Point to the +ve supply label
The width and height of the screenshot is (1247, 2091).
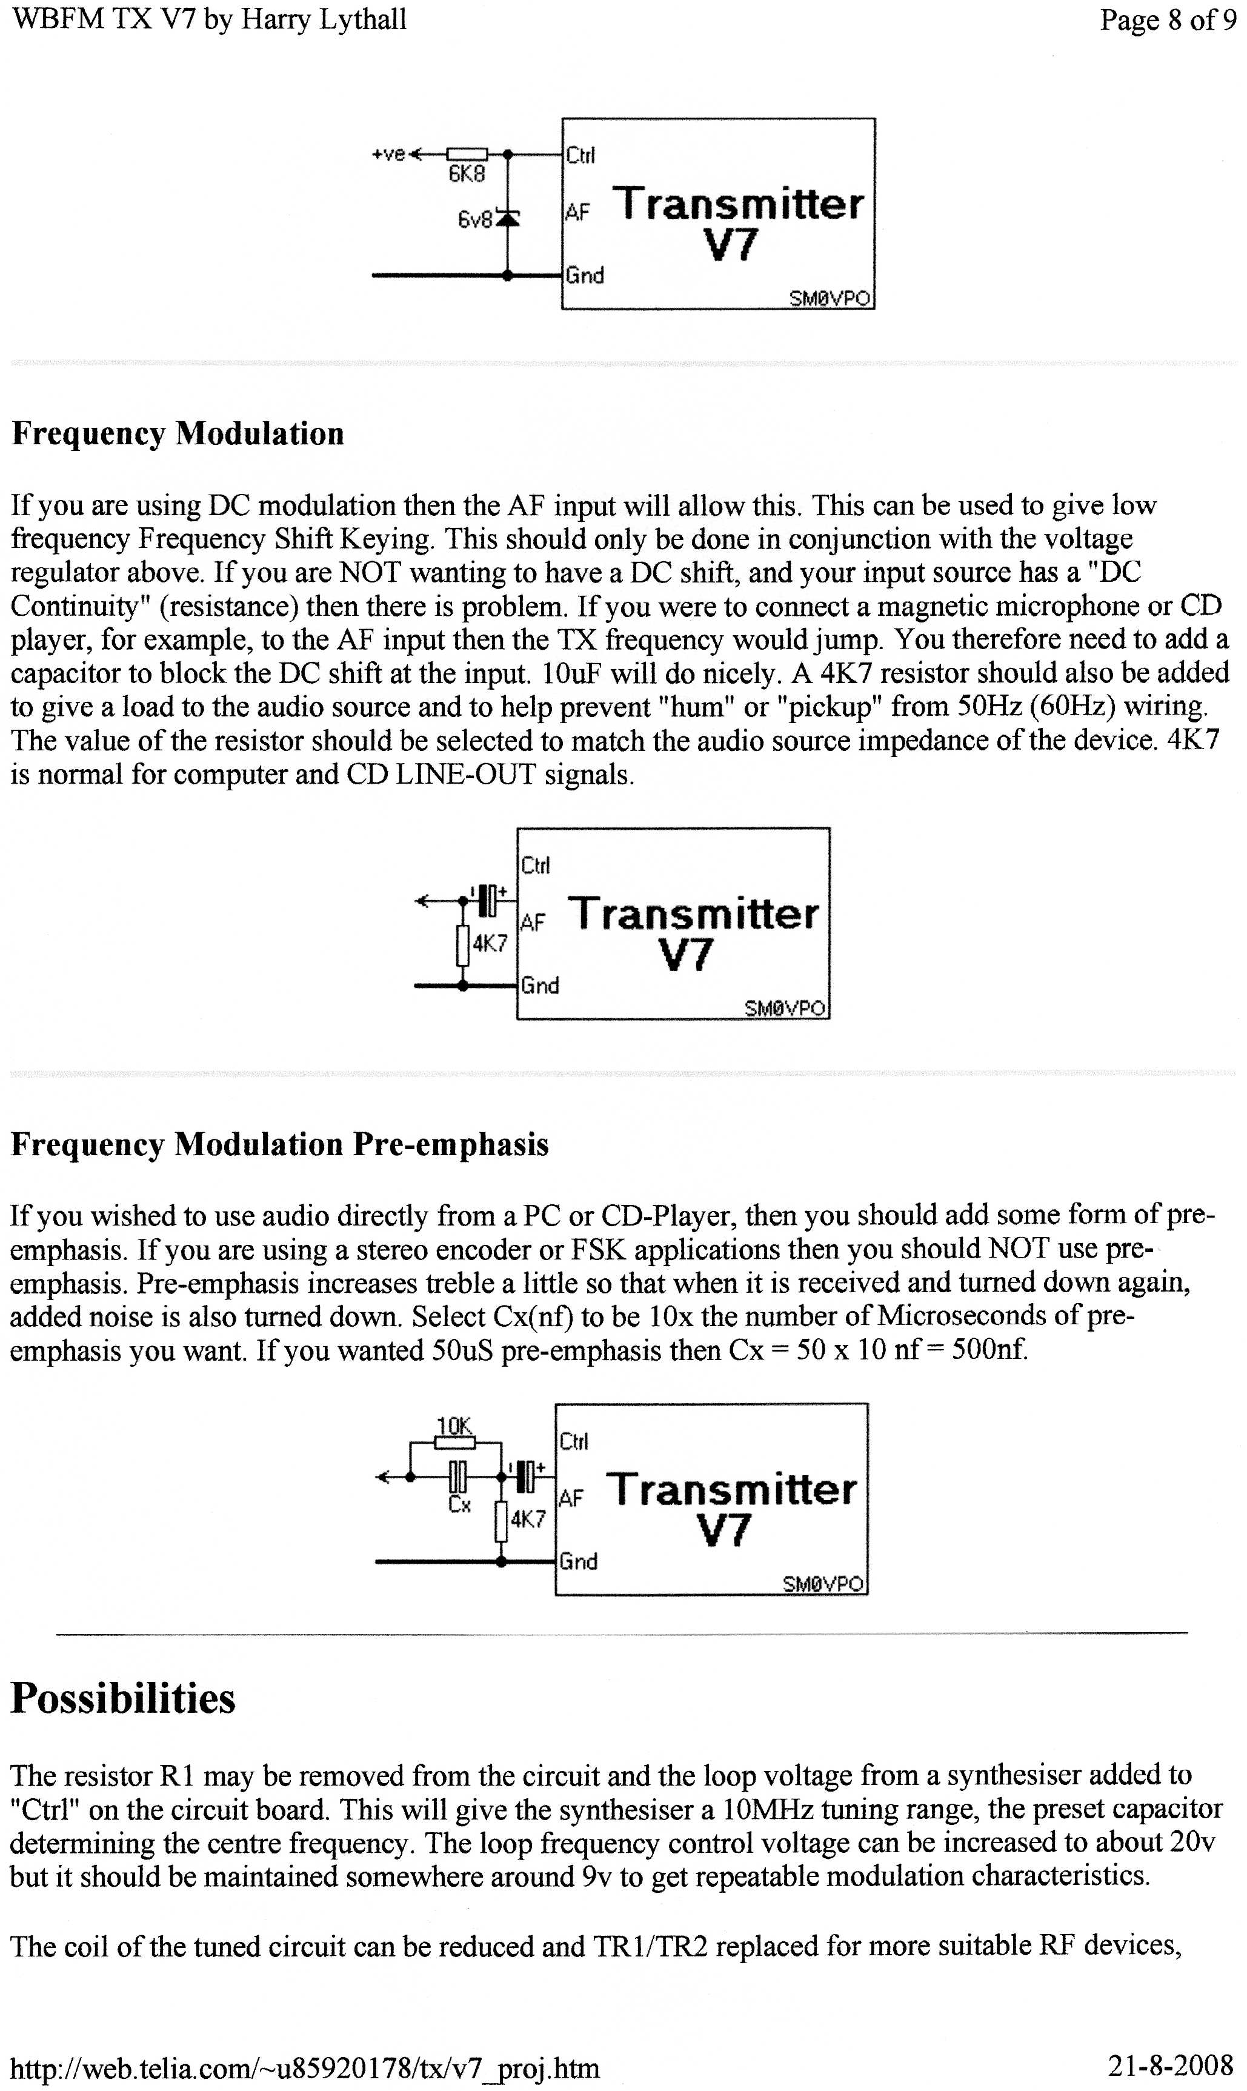389,154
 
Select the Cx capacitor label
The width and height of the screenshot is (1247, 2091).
459,1504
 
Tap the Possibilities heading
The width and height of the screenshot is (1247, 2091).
122,1698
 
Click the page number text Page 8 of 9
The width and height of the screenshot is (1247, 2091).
1167,20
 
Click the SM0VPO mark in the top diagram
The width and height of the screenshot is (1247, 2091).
828,298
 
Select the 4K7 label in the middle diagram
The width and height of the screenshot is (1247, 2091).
489,943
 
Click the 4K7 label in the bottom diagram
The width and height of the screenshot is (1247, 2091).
528,1519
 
